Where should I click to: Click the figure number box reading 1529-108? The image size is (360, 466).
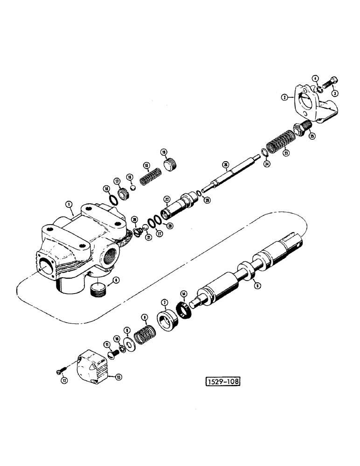(222, 383)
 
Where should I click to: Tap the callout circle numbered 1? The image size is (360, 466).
(69, 204)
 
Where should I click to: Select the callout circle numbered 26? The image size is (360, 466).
(225, 164)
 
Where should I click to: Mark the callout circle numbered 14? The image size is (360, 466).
(184, 294)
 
